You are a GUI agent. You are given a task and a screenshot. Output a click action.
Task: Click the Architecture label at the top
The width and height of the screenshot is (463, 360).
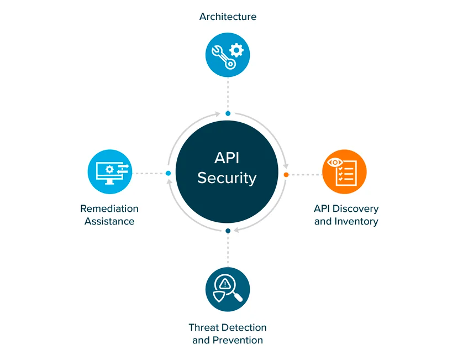[x=228, y=17]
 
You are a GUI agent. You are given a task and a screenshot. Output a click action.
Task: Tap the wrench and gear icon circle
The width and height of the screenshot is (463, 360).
[x=228, y=54]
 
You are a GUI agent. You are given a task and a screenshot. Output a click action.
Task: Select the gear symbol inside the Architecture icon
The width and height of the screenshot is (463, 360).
[x=236, y=50]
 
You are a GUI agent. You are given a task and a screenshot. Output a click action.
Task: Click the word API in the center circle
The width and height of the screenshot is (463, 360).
[x=227, y=158]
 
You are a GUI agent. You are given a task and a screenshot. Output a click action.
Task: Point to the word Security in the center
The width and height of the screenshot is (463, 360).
[x=227, y=178]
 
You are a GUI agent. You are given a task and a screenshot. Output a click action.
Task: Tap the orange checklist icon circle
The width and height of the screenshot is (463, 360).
[x=344, y=172]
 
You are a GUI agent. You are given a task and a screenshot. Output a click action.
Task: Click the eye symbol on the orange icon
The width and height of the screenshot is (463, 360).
[x=335, y=163]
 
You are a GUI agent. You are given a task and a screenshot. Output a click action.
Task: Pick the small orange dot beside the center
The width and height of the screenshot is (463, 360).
[x=286, y=175]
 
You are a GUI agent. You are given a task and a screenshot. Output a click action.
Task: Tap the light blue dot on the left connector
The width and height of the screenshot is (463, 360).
[x=169, y=174]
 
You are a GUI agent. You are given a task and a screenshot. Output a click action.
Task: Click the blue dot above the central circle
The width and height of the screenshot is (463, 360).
[x=228, y=113]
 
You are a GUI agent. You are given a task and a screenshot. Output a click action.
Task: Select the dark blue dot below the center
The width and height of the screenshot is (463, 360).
[x=228, y=231]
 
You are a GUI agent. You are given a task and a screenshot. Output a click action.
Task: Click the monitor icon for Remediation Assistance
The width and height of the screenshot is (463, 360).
[x=110, y=172]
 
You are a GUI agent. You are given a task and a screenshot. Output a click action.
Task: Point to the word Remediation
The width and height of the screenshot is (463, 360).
[x=109, y=208]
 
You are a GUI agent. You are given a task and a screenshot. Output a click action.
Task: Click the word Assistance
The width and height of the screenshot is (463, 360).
[x=109, y=221]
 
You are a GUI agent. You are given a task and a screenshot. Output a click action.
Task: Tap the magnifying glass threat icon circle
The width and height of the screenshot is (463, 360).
[x=228, y=289]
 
